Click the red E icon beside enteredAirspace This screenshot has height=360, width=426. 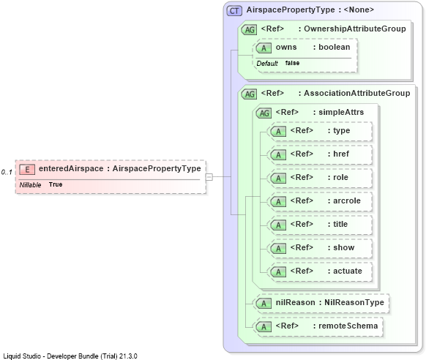click(27, 170)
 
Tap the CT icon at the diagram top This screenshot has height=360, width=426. click(234, 11)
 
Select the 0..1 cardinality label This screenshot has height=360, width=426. click(7, 172)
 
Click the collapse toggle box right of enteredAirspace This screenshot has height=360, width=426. click(209, 177)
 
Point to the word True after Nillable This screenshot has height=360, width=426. click(56, 184)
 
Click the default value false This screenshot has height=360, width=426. click(292, 63)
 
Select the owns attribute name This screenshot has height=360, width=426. click(286, 48)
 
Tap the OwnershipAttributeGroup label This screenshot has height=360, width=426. click(355, 29)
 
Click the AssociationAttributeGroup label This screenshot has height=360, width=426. click(357, 93)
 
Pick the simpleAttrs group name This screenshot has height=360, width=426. click(341, 112)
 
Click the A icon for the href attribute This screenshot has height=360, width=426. click(278, 155)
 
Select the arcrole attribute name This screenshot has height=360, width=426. click(347, 200)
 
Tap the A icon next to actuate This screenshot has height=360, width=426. click(278, 272)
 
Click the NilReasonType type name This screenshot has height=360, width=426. click(354, 302)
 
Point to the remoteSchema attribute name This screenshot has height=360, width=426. click(348, 326)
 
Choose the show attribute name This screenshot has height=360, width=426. click(344, 247)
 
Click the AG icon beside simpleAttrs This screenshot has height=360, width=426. click(264, 113)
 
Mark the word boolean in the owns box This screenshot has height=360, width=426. click(335, 48)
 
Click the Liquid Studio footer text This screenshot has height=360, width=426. click(70, 356)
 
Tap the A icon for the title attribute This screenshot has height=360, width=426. click(278, 225)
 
